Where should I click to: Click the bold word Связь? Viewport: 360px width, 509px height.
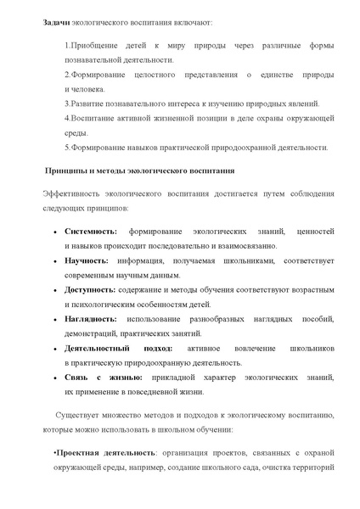click(x=78, y=377)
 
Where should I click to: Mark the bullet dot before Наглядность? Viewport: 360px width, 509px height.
click(x=55, y=319)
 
